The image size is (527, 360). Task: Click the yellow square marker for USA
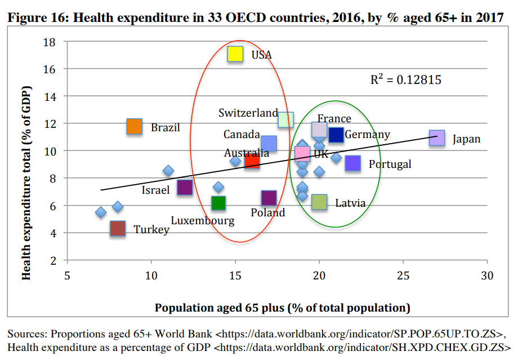click(235, 54)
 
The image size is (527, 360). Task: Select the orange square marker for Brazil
click(134, 127)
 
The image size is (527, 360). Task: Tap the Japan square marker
click(437, 138)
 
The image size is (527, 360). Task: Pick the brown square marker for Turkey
click(117, 228)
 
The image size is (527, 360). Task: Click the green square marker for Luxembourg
click(218, 203)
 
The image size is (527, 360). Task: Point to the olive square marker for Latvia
click(319, 202)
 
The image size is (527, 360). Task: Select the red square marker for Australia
click(252, 161)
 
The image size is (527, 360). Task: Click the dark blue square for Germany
click(336, 135)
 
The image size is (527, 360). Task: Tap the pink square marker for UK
click(302, 153)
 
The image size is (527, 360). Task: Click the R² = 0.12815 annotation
click(405, 80)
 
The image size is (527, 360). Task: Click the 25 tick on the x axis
click(403, 275)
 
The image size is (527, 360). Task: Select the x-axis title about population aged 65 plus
click(282, 308)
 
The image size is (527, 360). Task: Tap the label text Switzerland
click(248, 113)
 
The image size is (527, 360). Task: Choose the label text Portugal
click(390, 165)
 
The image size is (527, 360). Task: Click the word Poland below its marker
click(268, 212)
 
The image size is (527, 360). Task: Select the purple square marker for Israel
click(185, 188)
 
